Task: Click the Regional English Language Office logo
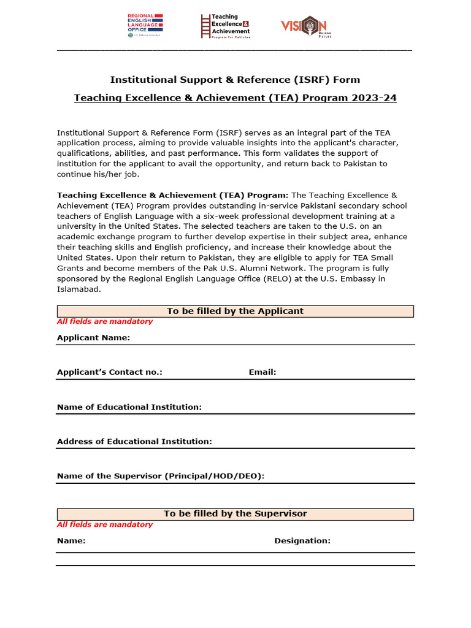point(145,26)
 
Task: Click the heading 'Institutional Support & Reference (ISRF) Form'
point(235,80)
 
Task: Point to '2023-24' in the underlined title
point(374,98)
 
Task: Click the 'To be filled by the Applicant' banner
point(235,311)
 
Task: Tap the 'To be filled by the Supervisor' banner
point(235,513)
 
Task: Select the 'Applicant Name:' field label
point(93,337)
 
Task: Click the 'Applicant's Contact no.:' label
point(110,372)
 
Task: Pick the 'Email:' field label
point(262,372)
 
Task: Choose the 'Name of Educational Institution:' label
point(129,407)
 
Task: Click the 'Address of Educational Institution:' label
point(134,441)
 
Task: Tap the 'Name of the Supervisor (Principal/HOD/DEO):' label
point(161,475)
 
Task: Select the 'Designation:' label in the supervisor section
point(302,540)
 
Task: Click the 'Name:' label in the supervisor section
point(71,540)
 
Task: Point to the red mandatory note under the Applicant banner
point(105,321)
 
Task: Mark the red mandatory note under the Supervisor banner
point(105,524)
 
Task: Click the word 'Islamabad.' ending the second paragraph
point(78,289)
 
